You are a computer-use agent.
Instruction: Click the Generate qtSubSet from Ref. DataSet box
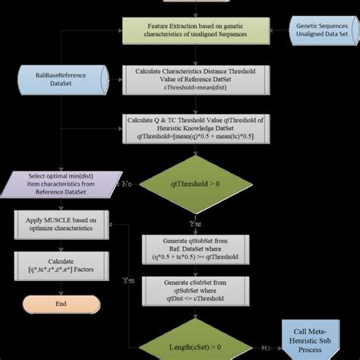click(189, 248)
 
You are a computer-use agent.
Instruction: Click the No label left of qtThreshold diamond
click(127, 183)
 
